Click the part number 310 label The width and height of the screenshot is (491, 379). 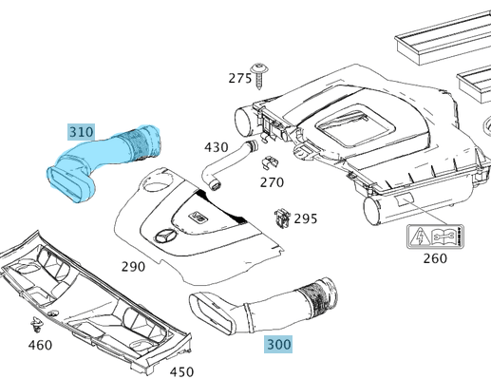pyautogui.click(x=81, y=132)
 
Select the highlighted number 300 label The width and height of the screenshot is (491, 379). pyautogui.click(x=278, y=345)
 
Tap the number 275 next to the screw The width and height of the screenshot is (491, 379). pyautogui.click(x=240, y=78)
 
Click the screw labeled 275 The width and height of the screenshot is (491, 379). pyautogui.click(x=259, y=76)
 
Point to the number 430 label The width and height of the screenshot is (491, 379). pyautogui.click(x=217, y=147)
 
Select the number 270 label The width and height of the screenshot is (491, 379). pyautogui.click(x=272, y=182)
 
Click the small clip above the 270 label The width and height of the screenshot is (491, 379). pyautogui.click(x=270, y=162)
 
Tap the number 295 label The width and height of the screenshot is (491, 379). pyautogui.click(x=306, y=218)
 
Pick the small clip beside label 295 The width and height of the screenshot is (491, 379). pyautogui.click(x=282, y=218)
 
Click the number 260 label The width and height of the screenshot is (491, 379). pyautogui.click(x=435, y=258)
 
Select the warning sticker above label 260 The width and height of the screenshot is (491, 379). pyautogui.click(x=435, y=237)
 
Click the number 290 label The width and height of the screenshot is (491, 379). pyautogui.click(x=133, y=267)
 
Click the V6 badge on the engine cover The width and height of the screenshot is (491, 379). pyautogui.click(x=198, y=217)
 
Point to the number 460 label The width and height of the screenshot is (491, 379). pyautogui.click(x=40, y=345)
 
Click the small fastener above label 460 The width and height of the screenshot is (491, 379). pyautogui.click(x=36, y=325)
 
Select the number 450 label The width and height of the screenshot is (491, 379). pyautogui.click(x=181, y=372)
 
